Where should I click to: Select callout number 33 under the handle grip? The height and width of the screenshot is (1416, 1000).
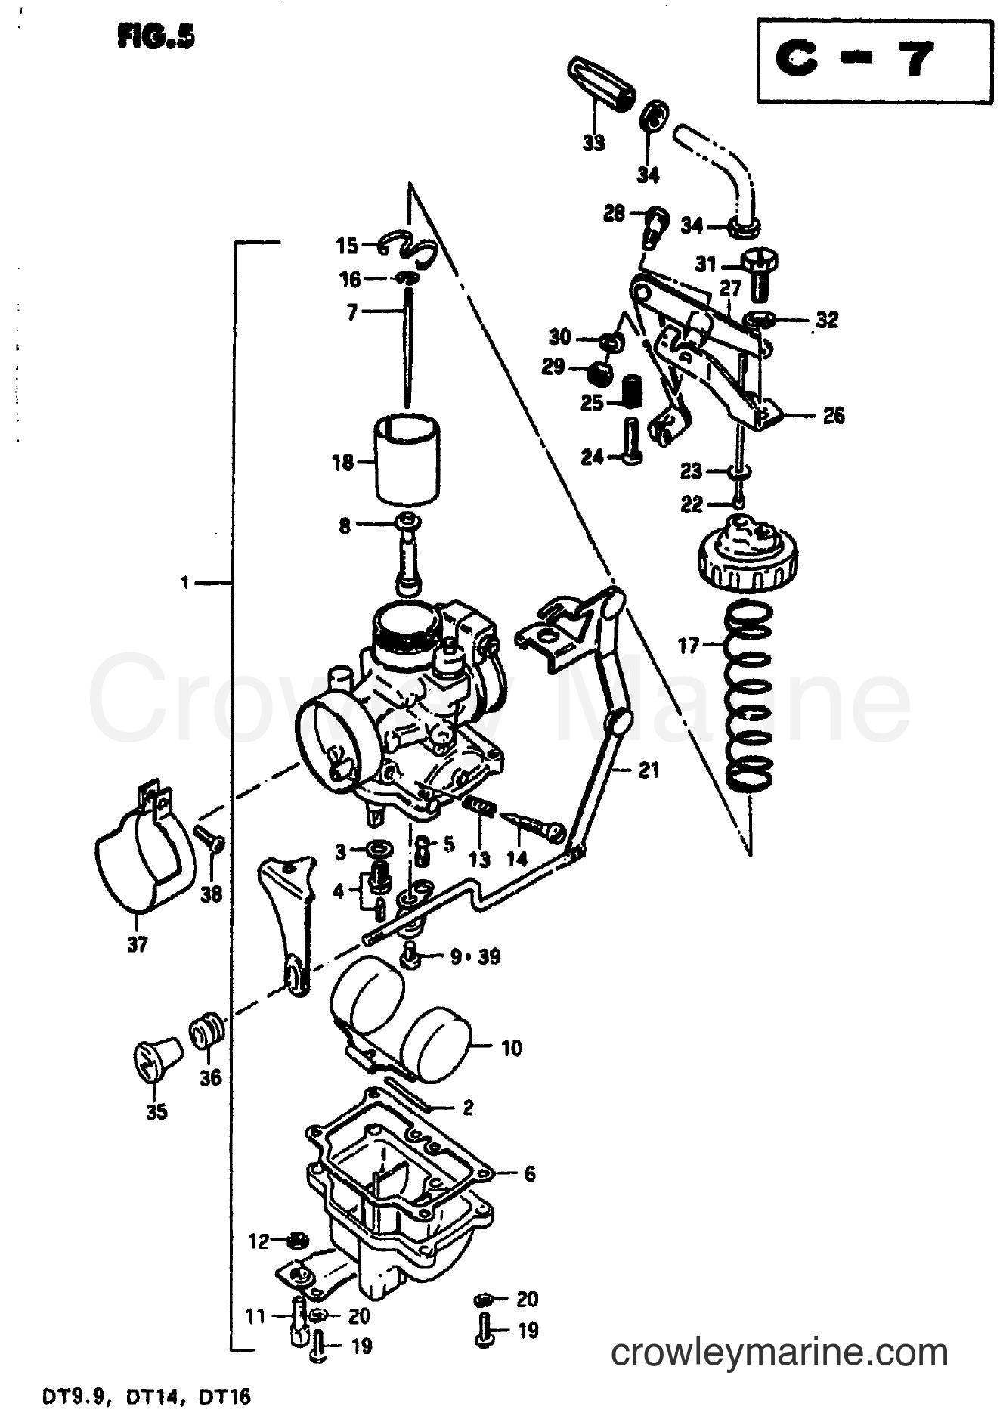594,142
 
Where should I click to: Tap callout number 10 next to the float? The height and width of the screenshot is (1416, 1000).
511,1049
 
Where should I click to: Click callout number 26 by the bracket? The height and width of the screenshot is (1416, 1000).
833,416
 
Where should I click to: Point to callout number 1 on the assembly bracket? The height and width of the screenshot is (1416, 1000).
184,582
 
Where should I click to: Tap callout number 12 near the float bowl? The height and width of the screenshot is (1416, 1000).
259,1241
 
